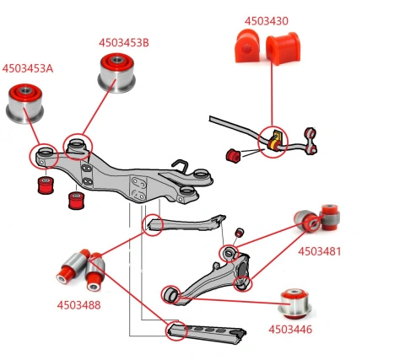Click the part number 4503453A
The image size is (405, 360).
tap(28, 68)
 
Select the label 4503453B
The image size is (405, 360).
tap(124, 41)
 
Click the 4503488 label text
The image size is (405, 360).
tap(78, 304)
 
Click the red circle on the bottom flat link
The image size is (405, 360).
tap(177, 330)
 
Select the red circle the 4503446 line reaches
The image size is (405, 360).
tap(172, 294)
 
